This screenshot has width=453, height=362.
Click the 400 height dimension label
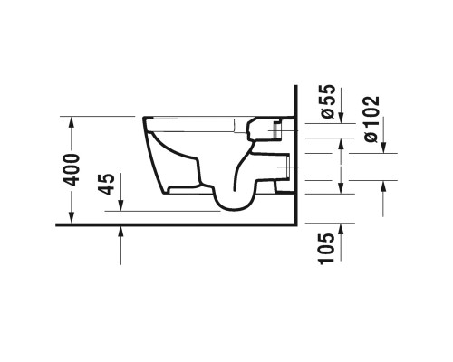72,170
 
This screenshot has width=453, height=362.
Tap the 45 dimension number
106,184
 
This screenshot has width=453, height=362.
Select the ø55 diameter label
327,101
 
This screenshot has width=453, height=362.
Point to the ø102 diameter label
371,119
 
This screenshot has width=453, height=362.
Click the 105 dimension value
327,249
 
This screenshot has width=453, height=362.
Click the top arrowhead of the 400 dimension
72,121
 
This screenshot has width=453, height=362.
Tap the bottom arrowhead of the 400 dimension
72,218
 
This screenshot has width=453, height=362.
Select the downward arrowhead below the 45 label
120,205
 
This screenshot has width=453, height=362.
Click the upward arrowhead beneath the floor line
120,232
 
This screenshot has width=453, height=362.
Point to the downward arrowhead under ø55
341,118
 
